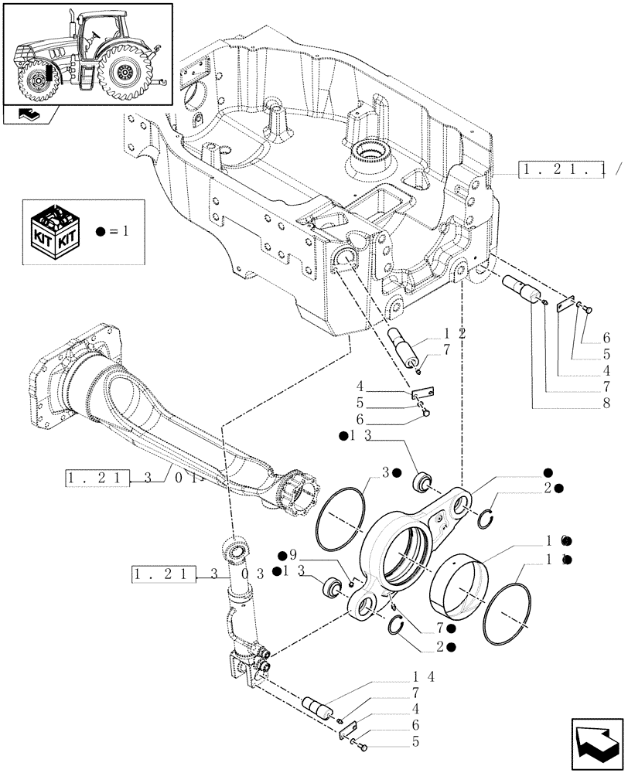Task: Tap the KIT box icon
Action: pyautogui.click(x=53, y=230)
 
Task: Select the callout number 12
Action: pyautogui.click(x=454, y=332)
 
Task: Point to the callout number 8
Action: pyautogui.click(x=606, y=403)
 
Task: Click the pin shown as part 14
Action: pyautogui.click(x=319, y=707)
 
